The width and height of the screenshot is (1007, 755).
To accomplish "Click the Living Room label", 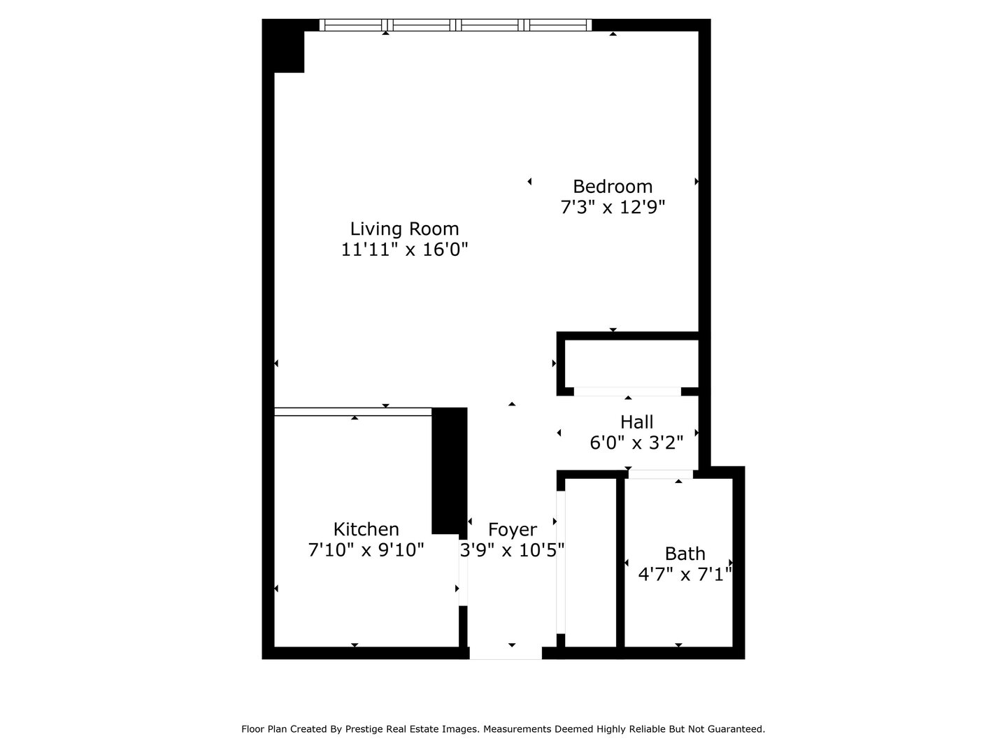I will coord(404,229).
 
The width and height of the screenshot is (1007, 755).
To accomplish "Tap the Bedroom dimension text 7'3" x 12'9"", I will coord(612,208).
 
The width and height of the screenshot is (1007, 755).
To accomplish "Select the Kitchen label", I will coord(366,529).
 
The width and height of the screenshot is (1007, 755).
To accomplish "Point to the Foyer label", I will coord(512,529).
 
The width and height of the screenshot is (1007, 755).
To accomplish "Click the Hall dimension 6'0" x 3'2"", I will coord(636,443).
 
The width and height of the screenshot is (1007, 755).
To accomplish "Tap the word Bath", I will coord(685,554).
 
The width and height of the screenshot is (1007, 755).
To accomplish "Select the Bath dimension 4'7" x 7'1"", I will coord(685,575).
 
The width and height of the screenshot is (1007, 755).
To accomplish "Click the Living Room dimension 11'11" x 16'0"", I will coord(404,250).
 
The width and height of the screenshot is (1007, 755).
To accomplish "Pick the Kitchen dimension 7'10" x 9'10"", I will coord(366,550).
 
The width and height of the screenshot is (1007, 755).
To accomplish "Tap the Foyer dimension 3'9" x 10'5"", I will coord(512,550).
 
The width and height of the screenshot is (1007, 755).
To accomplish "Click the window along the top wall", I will coord(455,25).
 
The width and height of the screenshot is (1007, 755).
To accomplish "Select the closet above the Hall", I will coord(631,364).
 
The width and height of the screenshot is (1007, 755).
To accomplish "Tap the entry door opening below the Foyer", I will coord(505,653).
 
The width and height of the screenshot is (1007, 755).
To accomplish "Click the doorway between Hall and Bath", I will coord(660,474).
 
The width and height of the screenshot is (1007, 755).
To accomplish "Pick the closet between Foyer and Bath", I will coord(590,563).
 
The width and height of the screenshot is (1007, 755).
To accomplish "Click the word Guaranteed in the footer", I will coord(738,729).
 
